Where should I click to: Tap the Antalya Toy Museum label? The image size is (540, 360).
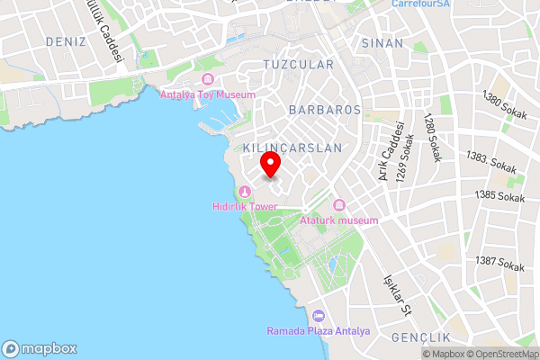[208, 94]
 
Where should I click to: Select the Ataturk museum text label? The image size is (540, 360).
[339, 220]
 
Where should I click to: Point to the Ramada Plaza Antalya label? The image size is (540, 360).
[318, 331]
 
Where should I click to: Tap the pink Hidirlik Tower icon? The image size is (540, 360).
[245, 190]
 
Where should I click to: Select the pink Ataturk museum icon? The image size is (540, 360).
[339, 204]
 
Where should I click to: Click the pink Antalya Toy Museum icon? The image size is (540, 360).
[209, 79]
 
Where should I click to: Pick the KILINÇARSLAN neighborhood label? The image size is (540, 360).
[293, 147]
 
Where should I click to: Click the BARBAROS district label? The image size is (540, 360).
[324, 110]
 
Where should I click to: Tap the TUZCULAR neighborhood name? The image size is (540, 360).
[298, 65]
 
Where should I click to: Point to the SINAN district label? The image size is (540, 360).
[382, 43]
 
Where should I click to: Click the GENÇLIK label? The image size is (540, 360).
[420, 337]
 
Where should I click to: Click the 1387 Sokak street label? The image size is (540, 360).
[500, 265]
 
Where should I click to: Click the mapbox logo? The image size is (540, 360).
[40, 348]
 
